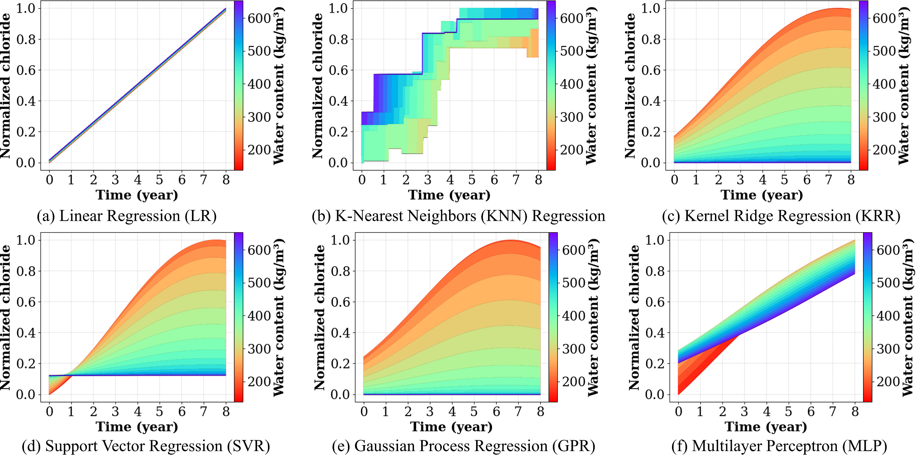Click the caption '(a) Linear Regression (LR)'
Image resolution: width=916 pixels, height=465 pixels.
click(127, 216)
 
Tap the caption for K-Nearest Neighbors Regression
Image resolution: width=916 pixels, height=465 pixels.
click(458, 216)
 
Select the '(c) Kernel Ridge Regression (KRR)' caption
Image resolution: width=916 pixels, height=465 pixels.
click(781, 216)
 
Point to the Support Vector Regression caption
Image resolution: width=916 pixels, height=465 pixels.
click(146, 446)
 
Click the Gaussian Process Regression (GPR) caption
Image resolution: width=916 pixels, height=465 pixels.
click(463, 446)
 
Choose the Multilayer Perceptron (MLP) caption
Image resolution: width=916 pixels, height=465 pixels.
click(779, 446)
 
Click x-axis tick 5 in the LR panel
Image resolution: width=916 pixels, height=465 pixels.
click(160, 180)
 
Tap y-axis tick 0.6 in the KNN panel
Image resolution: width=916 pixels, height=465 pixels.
click(338, 70)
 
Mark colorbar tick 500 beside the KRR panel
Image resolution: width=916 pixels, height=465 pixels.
click(884, 51)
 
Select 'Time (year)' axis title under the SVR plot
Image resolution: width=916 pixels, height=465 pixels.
click(137, 427)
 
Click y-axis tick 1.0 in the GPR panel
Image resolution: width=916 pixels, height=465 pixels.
click(340, 240)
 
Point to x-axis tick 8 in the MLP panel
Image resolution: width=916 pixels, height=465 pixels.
click(855, 412)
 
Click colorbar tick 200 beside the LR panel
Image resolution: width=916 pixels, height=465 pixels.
click(259, 150)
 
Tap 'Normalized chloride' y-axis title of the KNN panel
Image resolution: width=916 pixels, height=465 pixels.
click(317, 86)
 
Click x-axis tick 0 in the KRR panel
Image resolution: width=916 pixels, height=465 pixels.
click(674, 180)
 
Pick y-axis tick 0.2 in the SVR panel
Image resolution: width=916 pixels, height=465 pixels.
click(26, 364)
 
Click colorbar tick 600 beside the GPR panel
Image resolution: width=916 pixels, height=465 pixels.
click(574, 250)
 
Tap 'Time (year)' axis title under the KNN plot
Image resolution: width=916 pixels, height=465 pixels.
click(449, 195)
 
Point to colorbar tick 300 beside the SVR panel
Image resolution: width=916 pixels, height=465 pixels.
click(259, 349)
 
